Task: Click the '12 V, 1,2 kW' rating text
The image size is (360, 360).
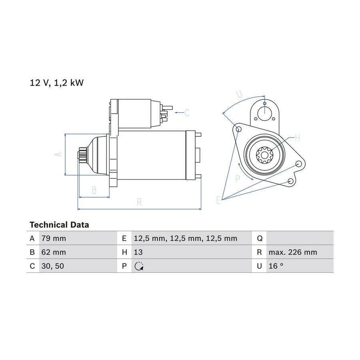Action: click(56, 83)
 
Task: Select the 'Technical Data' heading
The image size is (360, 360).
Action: click(59, 225)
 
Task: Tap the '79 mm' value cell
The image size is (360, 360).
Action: click(54, 238)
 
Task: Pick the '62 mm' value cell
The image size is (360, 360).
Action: click(54, 252)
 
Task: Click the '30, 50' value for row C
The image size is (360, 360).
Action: click(52, 266)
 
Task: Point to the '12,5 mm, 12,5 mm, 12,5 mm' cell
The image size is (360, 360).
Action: click(185, 238)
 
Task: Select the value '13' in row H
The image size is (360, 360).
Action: click(138, 252)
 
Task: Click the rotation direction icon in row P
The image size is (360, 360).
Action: click(139, 266)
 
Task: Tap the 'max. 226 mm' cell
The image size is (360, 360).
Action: click(293, 252)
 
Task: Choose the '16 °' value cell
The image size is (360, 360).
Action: click(276, 266)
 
